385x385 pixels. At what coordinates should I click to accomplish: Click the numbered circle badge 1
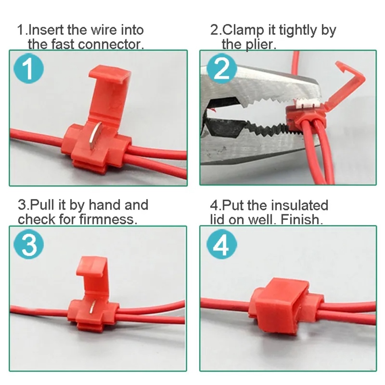click(x=29, y=68)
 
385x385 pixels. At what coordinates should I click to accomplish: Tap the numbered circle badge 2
click(x=222, y=68)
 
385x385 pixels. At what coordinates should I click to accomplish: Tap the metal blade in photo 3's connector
click(x=92, y=308)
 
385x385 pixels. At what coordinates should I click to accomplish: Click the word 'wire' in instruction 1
click(x=104, y=30)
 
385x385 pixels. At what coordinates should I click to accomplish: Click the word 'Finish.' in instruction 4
click(x=302, y=219)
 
